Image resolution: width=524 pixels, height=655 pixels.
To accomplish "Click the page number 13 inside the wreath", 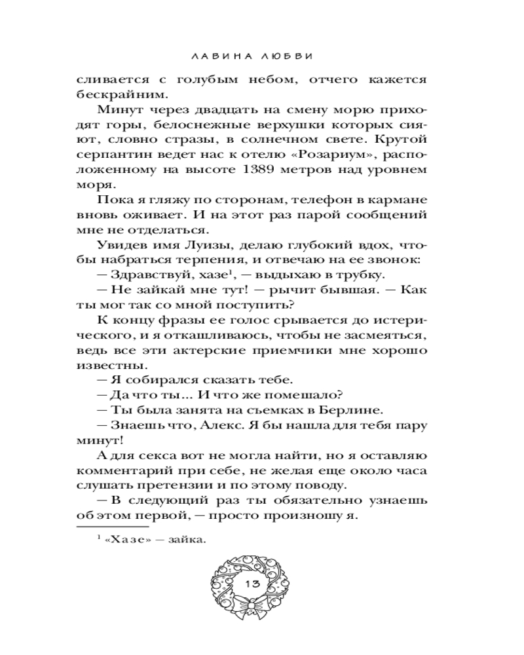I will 252,583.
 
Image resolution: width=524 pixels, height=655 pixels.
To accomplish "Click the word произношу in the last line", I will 310,515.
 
